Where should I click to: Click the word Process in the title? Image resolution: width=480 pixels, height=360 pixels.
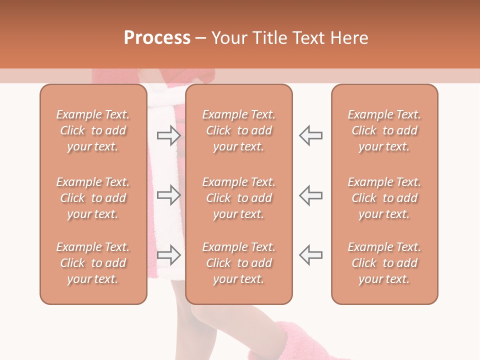[157, 37]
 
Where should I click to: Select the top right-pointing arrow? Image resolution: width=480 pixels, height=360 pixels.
[168, 135]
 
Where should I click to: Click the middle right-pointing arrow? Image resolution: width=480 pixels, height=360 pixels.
[168, 194]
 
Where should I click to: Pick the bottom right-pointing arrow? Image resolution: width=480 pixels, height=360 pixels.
[168, 254]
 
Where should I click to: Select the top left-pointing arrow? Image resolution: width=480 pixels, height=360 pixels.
[310, 135]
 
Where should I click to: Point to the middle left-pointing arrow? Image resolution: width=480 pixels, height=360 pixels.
[310, 194]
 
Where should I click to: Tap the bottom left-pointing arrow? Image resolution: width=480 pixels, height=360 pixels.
[310, 254]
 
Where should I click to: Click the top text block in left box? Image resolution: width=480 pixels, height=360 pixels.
[93, 130]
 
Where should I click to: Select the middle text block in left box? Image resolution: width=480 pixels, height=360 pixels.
[93, 198]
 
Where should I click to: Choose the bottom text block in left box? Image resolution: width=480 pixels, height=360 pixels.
[93, 263]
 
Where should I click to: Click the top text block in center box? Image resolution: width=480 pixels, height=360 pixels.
[238, 130]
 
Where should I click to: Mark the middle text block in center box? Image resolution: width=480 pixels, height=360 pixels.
[238, 198]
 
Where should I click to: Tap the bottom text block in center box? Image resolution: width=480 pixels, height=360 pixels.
[238, 263]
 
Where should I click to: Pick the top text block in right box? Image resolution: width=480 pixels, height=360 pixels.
[384, 130]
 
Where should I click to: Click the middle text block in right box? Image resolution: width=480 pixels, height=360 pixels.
[384, 198]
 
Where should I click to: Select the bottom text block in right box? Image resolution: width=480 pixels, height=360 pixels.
[384, 263]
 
